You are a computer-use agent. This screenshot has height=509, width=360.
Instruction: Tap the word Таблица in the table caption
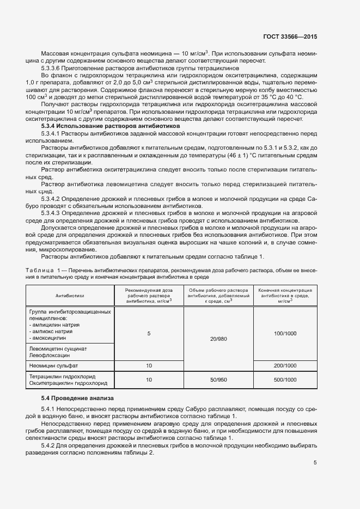[39, 270]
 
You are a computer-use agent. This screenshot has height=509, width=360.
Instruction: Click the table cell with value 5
[149, 333]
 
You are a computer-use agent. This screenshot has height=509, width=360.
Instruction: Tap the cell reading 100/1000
[285, 333]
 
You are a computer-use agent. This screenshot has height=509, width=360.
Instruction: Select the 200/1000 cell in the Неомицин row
[285, 366]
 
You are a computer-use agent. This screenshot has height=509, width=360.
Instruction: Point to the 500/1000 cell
[285, 379]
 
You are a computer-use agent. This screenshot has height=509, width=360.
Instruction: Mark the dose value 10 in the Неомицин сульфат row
[149, 366]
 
